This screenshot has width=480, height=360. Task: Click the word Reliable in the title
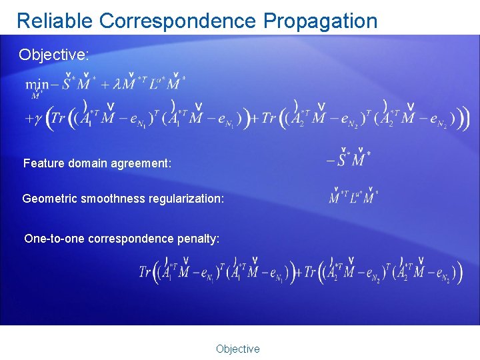coord(55,21)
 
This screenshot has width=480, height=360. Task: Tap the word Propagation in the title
coord(321,21)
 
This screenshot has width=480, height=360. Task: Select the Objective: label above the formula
coord(53,55)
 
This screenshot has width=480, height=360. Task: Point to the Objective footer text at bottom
coord(237,349)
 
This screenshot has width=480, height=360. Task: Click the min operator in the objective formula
coord(36,85)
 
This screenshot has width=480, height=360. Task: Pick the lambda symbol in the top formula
coord(118,85)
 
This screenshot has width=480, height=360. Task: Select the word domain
coord(86,163)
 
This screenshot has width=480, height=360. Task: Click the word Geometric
coord(49,199)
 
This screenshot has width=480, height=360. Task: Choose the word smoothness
coord(111,199)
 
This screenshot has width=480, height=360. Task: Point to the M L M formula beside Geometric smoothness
coord(353,198)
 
